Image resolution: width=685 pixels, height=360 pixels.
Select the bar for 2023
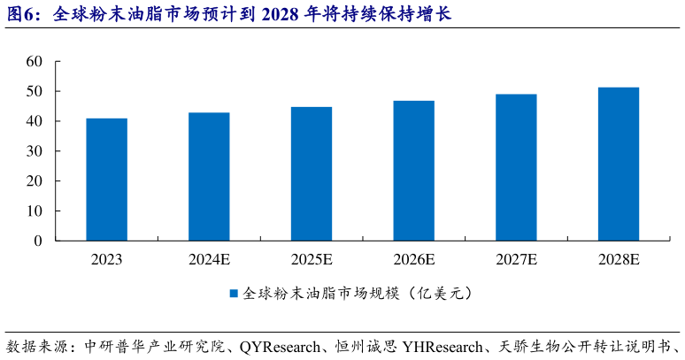pos(106,180)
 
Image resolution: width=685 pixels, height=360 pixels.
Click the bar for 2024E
pos(209,177)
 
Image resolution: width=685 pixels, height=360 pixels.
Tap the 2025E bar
pos(312,174)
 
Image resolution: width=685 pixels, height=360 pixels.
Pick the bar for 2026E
pos(414,171)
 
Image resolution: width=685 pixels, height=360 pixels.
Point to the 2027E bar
pos(516,167)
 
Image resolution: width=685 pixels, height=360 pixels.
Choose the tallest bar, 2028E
pos(619,164)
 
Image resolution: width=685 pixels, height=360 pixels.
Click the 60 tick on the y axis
pos(35,61)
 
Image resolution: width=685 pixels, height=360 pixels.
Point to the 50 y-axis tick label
pos(35,91)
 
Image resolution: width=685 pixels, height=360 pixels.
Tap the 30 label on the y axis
pos(35,151)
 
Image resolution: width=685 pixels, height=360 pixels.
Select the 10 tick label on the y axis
pos(35,211)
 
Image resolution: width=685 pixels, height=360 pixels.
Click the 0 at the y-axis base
pos(38,241)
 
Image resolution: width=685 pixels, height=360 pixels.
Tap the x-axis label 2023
pos(106,260)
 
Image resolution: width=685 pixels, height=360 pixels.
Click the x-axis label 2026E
pos(414,260)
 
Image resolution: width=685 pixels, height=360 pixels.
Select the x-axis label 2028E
pos(619,260)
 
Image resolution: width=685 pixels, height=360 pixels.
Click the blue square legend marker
pos(235,293)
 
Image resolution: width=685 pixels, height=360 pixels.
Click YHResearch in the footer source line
pos(444,346)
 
